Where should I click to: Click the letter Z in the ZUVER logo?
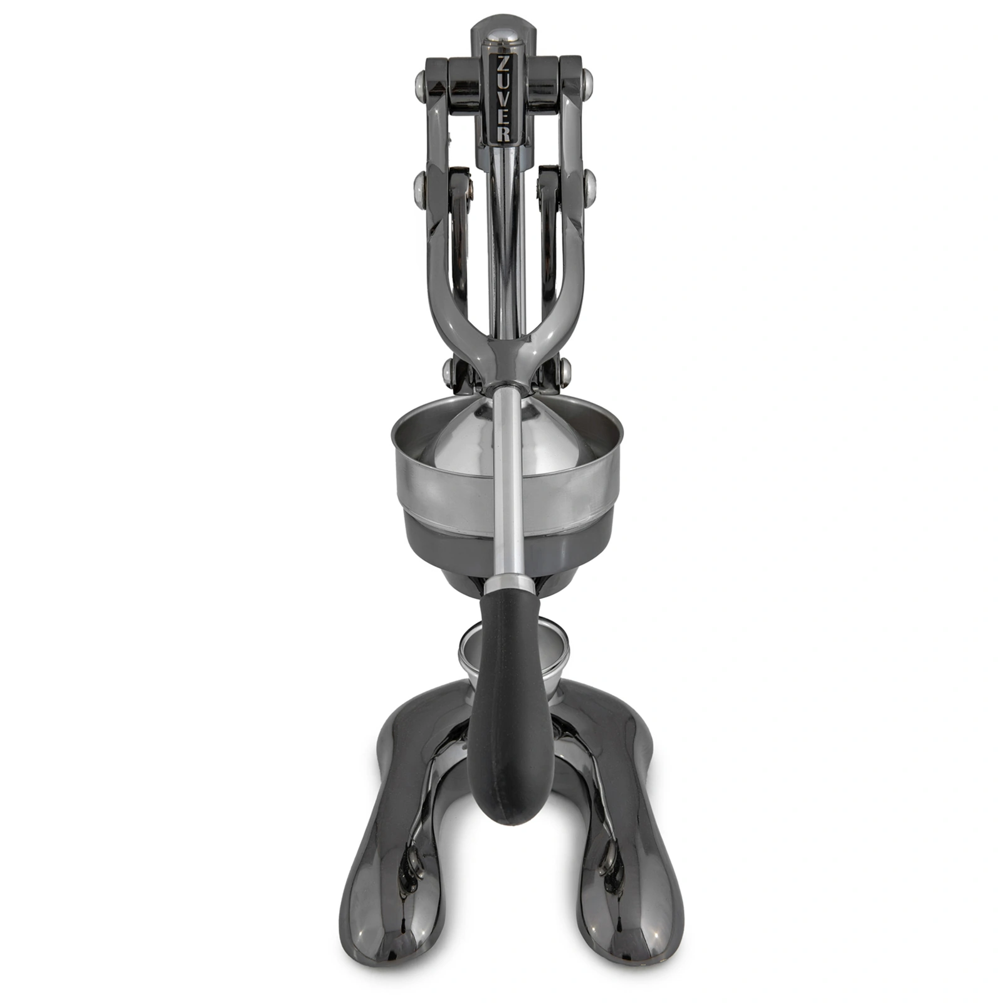pos(504,65)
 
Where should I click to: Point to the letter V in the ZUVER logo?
pos(504,99)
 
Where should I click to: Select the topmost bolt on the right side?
pos(587,80)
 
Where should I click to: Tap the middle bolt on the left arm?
pos(419,185)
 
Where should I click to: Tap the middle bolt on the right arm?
pos(589,184)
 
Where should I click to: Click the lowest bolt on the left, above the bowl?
pos(448,372)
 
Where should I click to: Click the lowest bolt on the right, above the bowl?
pos(565,372)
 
